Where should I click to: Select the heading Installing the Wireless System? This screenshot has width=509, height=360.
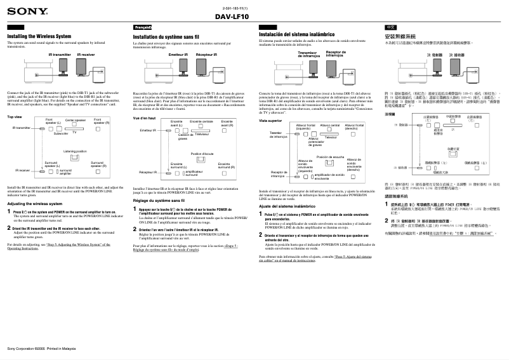(39, 36)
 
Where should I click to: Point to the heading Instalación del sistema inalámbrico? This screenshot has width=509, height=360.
(297, 34)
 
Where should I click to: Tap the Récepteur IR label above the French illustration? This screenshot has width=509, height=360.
(206, 55)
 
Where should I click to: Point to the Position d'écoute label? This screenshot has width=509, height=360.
(202, 154)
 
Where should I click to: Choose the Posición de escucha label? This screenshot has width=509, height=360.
(329, 156)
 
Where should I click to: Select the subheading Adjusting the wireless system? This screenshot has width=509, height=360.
(39, 204)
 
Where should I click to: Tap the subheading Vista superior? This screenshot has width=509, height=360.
(270, 120)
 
